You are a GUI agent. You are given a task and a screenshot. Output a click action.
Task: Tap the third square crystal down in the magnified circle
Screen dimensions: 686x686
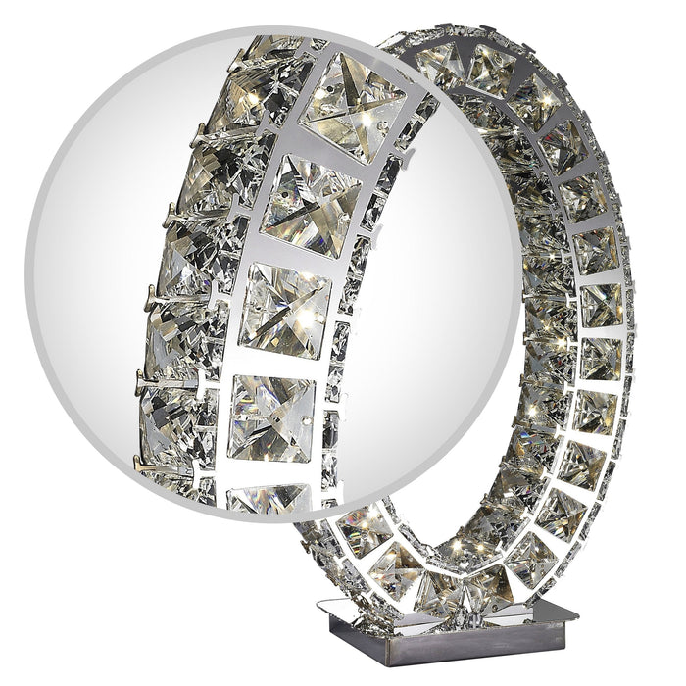point(285,311)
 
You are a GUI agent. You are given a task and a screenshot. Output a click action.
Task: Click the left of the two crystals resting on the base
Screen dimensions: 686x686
point(431,593)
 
